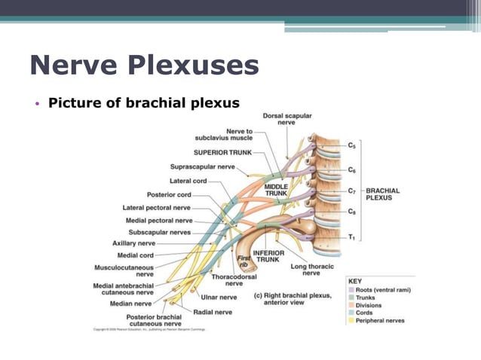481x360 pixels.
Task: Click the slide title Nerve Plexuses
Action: point(144,66)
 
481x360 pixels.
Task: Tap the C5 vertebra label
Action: point(352,145)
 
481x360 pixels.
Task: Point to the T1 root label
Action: point(351,236)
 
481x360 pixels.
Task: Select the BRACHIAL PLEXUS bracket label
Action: point(382,194)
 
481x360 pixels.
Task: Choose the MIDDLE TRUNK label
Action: point(276,189)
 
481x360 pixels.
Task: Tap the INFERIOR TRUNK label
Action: point(268,256)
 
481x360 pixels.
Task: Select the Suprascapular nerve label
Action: point(203,166)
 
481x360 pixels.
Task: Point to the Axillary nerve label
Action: point(134,243)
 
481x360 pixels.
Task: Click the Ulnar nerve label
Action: point(219,297)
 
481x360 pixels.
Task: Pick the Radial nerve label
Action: point(213,310)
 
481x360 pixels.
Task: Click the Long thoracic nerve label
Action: point(311,269)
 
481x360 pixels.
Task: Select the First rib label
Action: point(244,261)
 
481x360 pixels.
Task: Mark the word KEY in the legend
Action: point(354,281)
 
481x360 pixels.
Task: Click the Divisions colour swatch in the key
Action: point(351,305)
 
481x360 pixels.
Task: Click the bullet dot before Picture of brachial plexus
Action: point(36,103)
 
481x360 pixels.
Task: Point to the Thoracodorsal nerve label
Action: point(234,280)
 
